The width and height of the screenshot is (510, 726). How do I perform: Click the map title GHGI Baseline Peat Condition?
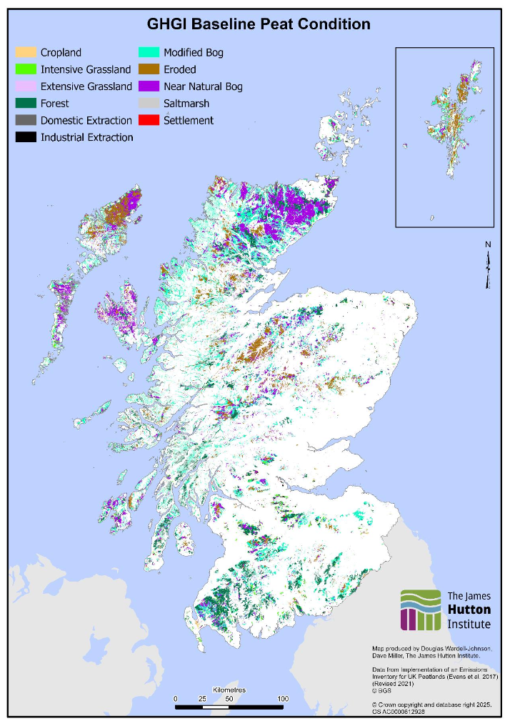click(x=259, y=24)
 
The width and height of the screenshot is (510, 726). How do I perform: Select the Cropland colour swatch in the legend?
click(x=26, y=52)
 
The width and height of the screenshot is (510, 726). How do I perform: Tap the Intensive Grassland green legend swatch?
click(x=26, y=69)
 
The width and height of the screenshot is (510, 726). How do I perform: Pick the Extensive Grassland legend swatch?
click(x=26, y=86)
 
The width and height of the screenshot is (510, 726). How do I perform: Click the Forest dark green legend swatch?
click(x=26, y=104)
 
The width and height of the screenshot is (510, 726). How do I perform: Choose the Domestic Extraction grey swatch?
click(x=26, y=120)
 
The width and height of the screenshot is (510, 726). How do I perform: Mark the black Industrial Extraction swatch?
click(x=26, y=137)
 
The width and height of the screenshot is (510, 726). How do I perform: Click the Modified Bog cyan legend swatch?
click(x=149, y=52)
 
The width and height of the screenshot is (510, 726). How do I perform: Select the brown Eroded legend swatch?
click(x=149, y=69)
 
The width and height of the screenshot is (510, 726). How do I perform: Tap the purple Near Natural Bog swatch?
click(x=149, y=86)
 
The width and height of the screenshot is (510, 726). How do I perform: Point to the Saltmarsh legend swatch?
click(x=149, y=104)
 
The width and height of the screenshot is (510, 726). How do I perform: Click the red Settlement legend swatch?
click(x=149, y=120)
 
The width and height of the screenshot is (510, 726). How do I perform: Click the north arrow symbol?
click(x=489, y=269)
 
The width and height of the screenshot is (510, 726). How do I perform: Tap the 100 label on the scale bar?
click(x=283, y=698)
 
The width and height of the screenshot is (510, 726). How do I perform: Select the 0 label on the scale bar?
click(x=176, y=698)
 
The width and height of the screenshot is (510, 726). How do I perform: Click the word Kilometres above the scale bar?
click(x=229, y=690)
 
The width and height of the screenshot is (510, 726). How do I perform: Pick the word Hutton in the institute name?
click(x=469, y=610)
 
